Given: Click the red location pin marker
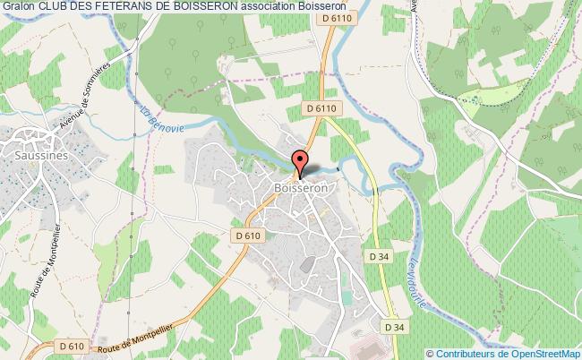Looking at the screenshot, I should [300, 163].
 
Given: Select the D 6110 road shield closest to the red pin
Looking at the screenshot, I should [321, 108].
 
